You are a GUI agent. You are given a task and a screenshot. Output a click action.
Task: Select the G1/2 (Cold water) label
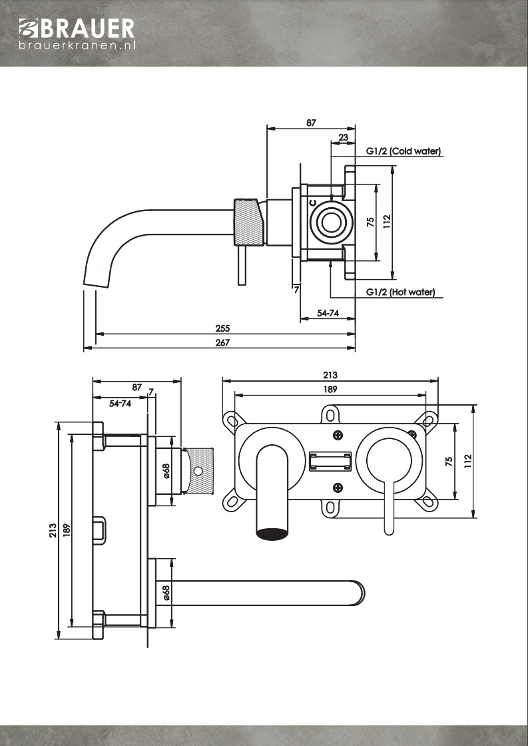(403, 152)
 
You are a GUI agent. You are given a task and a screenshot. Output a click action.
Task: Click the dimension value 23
(343, 138)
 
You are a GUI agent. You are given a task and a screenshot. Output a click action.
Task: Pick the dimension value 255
(223, 328)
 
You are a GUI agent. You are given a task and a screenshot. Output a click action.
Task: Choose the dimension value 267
(223, 342)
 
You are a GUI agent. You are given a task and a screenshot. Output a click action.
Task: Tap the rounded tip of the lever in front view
(390, 530)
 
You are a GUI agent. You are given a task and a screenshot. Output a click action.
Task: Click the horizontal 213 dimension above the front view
(330, 375)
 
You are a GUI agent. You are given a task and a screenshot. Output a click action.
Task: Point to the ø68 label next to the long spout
(166, 592)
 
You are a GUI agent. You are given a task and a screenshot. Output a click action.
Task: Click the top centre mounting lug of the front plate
(330, 414)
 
